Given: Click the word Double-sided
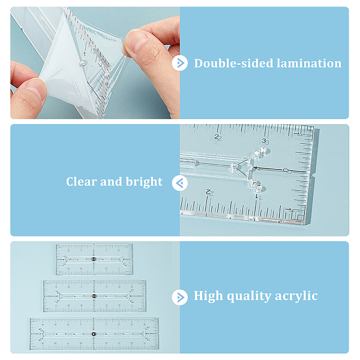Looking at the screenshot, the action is click(233, 63).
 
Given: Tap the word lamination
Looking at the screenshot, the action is click(309, 63).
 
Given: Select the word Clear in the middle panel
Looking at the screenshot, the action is click(81, 182).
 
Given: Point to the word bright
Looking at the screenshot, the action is click(144, 182).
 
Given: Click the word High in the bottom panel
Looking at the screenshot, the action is click(208, 296).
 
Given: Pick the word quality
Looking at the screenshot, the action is click(249, 296).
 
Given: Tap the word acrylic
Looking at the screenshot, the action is click(296, 296).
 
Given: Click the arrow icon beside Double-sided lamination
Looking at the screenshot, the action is click(180, 63).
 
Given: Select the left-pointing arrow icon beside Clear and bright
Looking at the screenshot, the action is click(180, 183).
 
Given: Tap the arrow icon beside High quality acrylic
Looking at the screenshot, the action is click(180, 298).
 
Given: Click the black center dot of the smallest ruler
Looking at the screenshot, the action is click(94, 259).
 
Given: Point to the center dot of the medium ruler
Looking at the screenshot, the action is click(94, 296).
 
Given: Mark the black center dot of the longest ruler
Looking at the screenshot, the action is click(94, 334).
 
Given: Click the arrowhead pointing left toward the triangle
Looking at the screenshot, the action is click(256, 168).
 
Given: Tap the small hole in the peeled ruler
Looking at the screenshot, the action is click(83, 63).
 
